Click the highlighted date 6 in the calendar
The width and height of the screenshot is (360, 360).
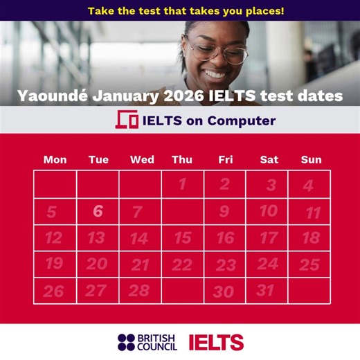click(x=98, y=211)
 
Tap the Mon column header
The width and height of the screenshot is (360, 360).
click(x=55, y=160)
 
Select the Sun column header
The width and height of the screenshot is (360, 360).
click(x=311, y=160)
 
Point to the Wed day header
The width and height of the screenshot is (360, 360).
click(x=142, y=160)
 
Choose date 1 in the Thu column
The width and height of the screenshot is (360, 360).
click(x=182, y=185)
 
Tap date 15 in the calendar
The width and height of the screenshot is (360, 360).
click(x=183, y=238)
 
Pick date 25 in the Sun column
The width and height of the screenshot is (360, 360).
click(x=309, y=264)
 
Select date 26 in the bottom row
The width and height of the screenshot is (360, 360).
click(x=53, y=291)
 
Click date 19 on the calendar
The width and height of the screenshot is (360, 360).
click(x=53, y=264)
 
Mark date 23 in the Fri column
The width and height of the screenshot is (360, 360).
click(x=226, y=265)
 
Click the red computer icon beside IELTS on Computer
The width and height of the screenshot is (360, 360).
click(x=127, y=120)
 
